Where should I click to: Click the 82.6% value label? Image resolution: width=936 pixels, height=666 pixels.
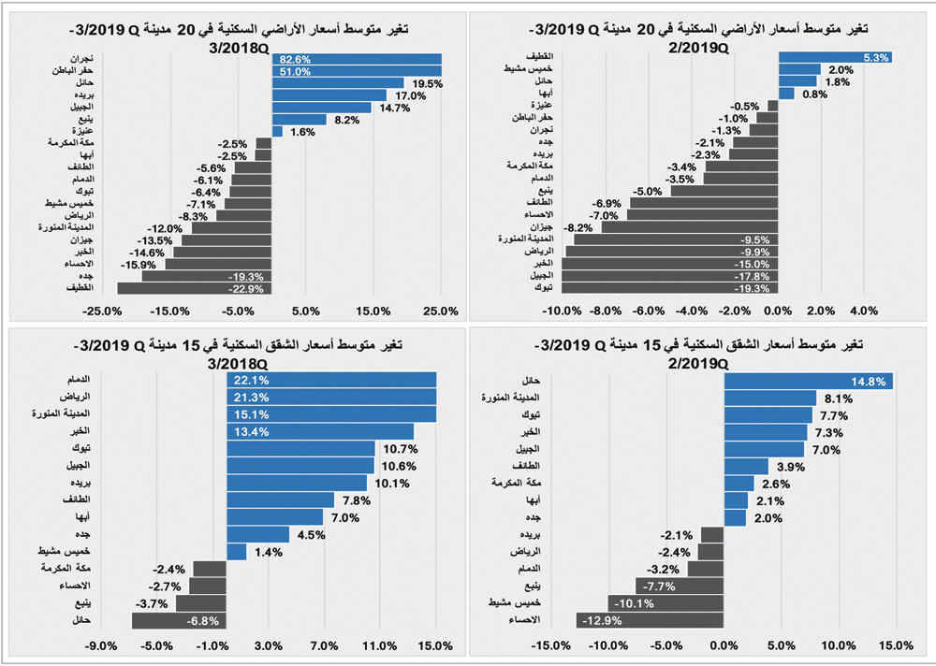coord(288,58)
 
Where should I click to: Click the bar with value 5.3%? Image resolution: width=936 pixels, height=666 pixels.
coord(834,57)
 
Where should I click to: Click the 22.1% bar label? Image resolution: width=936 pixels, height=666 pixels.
coord(246,380)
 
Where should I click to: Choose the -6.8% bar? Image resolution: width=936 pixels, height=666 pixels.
coord(179,620)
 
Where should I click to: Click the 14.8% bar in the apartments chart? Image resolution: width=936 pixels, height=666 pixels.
coord(808,381)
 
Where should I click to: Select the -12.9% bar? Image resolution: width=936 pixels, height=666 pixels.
coord(650,620)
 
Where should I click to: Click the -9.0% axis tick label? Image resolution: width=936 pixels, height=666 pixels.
coord(100,645)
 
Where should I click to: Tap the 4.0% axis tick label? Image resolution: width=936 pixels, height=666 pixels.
coord(864,311)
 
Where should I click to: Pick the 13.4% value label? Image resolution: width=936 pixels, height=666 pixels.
coord(246,431)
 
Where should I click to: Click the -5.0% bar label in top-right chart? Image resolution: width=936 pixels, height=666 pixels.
coord(648,190)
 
